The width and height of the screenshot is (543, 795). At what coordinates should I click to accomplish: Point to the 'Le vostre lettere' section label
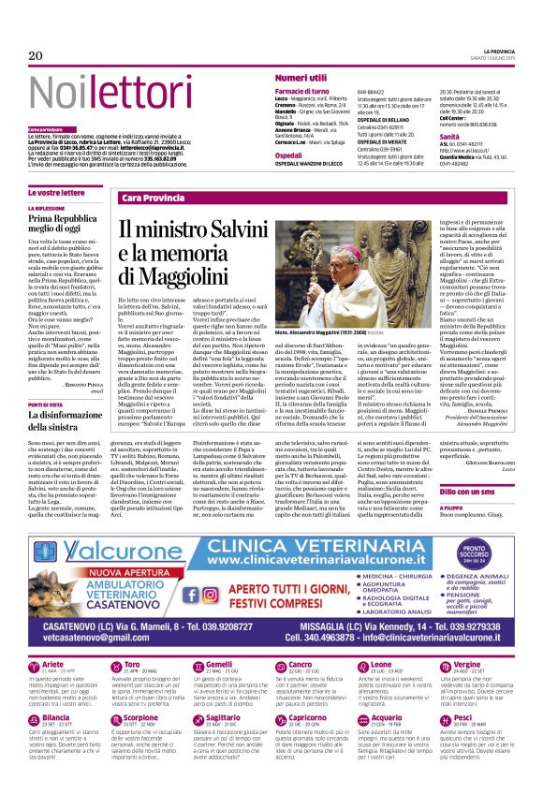pos(59,192)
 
